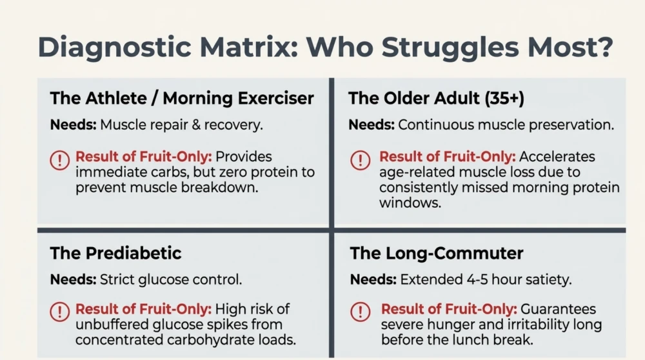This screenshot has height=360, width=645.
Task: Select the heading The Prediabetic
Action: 115,253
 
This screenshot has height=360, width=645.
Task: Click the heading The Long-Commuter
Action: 437,253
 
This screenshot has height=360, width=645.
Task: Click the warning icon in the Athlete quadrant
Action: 59,159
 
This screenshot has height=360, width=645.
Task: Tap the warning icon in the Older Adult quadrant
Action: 361,159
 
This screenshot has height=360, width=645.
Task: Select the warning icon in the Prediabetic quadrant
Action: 59,312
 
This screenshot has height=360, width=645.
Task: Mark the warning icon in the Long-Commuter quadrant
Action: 361,312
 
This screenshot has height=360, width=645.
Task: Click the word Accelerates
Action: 557,157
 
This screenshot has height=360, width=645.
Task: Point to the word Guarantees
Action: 558,309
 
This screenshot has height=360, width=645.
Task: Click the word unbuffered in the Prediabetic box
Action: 112,325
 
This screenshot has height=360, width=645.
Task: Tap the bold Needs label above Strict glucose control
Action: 74,280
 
